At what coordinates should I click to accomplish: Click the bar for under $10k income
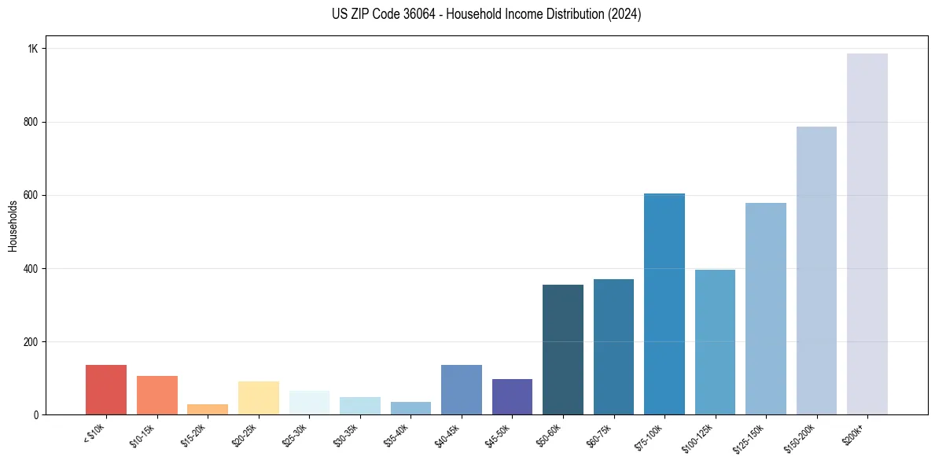pyautogui.click(x=106, y=390)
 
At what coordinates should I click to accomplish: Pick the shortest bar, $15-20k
pyautogui.click(x=208, y=410)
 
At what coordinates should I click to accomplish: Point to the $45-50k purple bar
pyautogui.click(x=512, y=397)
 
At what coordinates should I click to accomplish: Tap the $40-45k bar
pyautogui.click(x=462, y=390)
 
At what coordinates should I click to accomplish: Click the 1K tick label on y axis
pyautogui.click(x=32, y=49)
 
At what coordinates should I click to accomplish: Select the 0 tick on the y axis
pyautogui.click(x=35, y=415)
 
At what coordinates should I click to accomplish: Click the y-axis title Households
pyautogui.click(x=13, y=226)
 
